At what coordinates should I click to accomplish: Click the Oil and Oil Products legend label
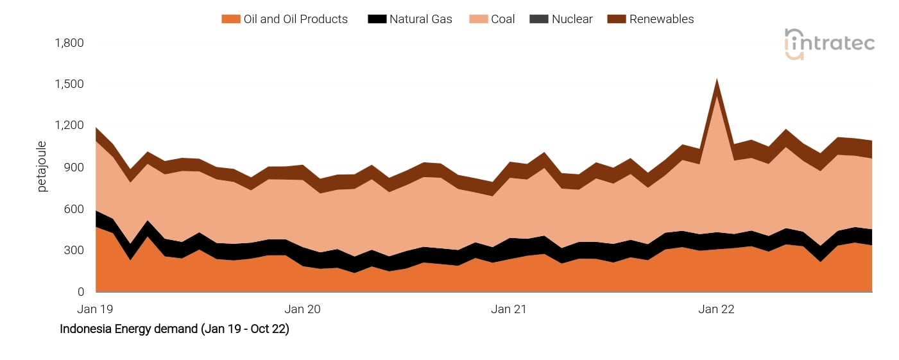(295, 19)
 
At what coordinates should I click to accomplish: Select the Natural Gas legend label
(420, 19)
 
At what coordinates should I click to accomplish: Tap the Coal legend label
(502, 19)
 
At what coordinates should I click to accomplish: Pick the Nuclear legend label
(572, 19)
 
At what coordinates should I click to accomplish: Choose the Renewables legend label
(661, 19)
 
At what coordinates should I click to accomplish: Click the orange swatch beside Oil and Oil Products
(230, 19)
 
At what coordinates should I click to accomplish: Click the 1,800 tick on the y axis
(70, 43)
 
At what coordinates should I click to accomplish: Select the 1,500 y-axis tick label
(70, 85)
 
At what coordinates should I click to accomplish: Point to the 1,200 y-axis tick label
(70, 126)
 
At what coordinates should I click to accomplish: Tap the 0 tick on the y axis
(81, 292)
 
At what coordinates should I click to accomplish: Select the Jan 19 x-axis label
(95, 309)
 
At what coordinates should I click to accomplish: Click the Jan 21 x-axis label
(509, 309)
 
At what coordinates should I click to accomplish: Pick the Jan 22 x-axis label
(716, 309)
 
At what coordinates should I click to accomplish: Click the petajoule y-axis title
(42, 167)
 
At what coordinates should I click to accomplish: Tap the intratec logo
(829, 44)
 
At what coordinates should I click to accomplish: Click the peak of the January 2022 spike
(716, 80)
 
